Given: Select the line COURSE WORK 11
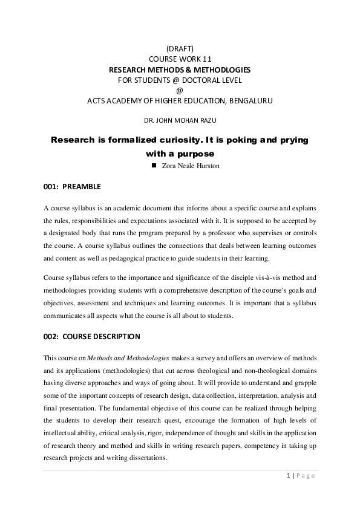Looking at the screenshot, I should click(x=180, y=59).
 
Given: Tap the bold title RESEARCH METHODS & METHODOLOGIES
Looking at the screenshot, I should click(x=180, y=70).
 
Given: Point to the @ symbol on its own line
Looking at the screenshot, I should click(x=180, y=90).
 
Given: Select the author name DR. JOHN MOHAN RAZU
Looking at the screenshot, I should click(x=180, y=121).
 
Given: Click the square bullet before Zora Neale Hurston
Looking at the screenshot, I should click(x=154, y=164).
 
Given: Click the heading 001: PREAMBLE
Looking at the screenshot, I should click(x=72, y=186).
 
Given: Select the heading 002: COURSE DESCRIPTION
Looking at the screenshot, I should click(x=91, y=336).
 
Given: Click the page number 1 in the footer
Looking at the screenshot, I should click(x=288, y=476).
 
